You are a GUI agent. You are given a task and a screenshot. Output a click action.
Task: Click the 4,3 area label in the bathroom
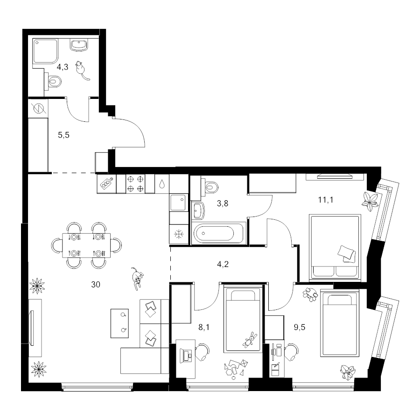point(63,67)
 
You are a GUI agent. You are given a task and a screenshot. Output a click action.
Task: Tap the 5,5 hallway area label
point(63,135)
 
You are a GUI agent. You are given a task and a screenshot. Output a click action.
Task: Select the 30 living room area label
point(96,284)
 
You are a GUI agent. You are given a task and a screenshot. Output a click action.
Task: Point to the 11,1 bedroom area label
point(325,200)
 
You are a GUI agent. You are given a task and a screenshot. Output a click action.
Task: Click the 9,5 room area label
point(300,327)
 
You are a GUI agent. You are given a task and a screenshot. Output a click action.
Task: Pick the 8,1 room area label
point(204,327)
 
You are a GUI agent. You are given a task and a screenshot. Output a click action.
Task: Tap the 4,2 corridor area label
point(223,265)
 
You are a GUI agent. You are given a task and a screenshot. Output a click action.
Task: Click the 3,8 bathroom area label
point(223,203)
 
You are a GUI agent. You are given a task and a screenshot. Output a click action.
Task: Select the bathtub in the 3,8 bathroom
point(218,233)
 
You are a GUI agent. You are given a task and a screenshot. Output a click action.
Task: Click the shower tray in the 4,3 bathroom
point(45,51)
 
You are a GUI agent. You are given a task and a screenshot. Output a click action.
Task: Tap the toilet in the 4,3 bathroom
point(53,80)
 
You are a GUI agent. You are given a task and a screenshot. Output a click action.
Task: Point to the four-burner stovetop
point(135,184)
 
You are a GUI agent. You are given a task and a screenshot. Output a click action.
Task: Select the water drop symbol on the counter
point(162,184)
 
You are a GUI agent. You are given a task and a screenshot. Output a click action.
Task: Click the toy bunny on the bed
point(250,339)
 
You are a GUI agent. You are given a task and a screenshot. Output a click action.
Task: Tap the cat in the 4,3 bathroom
point(81,70)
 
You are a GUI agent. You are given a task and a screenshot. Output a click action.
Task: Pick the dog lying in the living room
point(137,278)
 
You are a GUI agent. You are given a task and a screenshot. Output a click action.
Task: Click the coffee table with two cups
point(119,323)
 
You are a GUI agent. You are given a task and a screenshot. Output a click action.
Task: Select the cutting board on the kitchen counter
point(106,184)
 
